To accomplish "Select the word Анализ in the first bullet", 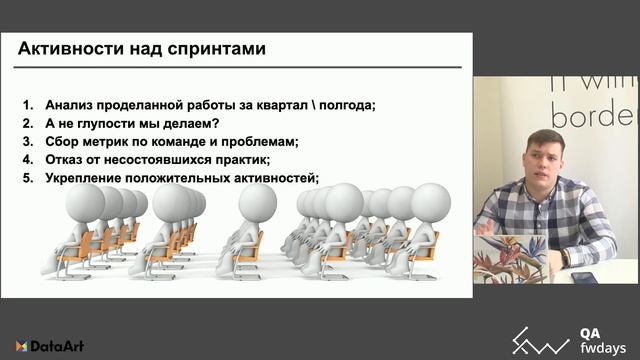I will click(x=70, y=105).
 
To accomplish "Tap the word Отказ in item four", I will click(x=65, y=160).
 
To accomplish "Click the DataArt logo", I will click(x=50, y=346).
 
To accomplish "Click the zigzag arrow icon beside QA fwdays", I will click(x=541, y=342).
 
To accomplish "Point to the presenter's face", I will click(x=545, y=159).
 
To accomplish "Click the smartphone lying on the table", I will click(x=584, y=278).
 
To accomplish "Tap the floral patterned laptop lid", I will click(x=510, y=259).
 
